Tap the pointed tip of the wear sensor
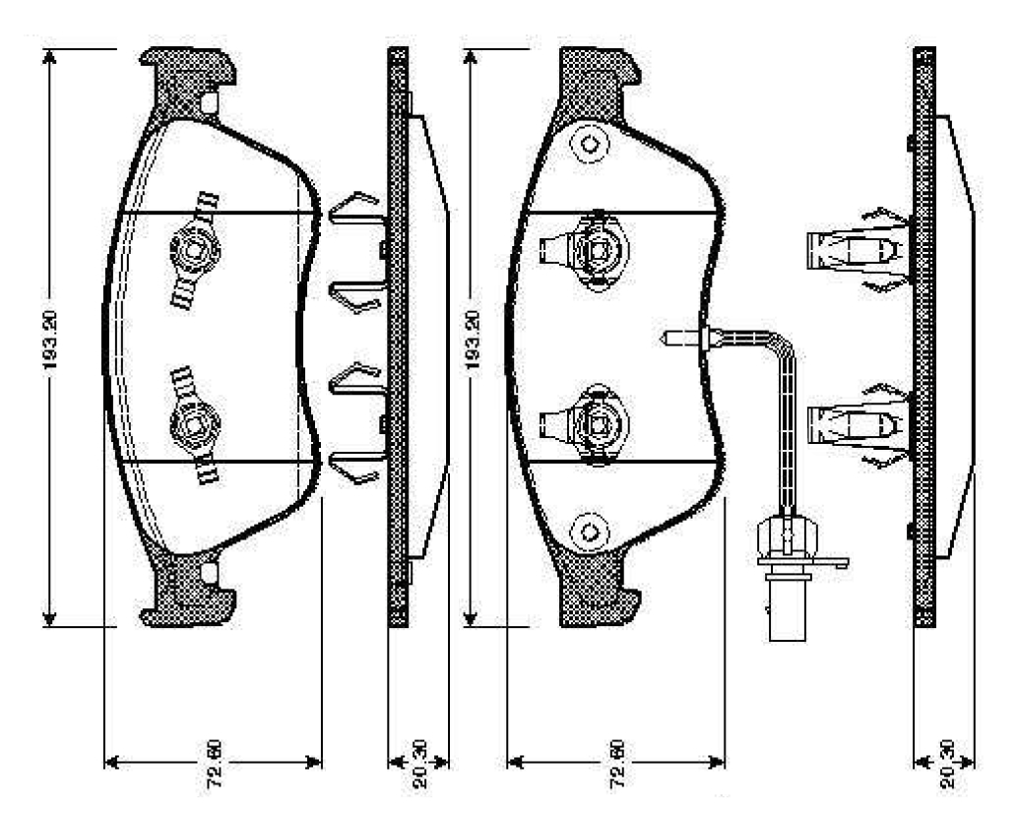pos(663,338)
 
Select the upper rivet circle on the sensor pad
pos(590,144)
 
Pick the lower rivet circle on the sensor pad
pos(590,533)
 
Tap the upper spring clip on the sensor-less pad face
pos(194,250)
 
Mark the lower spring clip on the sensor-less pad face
pos(194,424)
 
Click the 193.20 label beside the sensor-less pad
pos(50,340)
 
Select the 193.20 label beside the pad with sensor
pos(473,340)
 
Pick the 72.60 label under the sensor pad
pos(616,764)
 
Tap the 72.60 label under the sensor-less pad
pos(214,764)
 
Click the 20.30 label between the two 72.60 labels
pos(419,764)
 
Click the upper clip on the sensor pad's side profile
pos(858,250)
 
